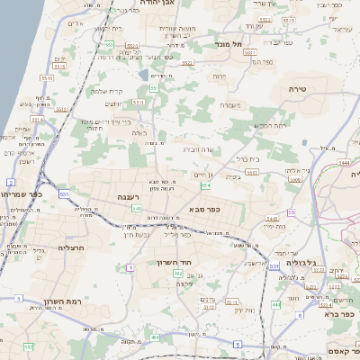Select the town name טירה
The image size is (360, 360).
(298, 89)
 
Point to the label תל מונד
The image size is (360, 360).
(229, 43)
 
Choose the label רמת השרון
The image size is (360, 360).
(62, 301)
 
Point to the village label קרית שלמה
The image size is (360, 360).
(109, 90)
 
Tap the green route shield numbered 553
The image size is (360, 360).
(108, 44)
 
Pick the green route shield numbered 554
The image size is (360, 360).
(205, 185)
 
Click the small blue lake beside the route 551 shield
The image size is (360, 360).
(144, 76)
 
